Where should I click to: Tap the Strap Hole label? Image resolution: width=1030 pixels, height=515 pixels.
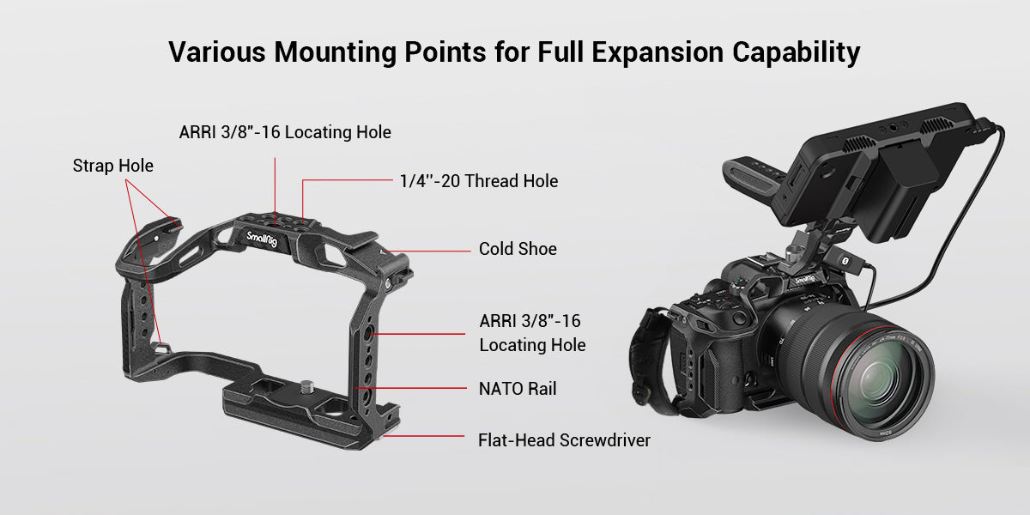pos(112,166)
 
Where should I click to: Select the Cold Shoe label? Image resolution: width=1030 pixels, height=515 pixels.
pos(518,249)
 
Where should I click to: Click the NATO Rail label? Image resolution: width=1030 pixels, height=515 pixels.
pos(518,389)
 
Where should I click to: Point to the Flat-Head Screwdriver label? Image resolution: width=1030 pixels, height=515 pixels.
pos(564,440)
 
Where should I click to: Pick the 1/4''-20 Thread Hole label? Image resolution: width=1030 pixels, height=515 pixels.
pos(478,181)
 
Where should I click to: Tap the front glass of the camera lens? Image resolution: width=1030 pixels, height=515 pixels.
pos(884,379)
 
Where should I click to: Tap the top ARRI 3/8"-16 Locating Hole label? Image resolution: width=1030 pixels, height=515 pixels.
pos(285,132)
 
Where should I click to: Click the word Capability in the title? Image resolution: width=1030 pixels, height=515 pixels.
pos(796,52)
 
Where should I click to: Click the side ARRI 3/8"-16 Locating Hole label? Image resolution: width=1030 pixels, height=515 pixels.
pos(532,333)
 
